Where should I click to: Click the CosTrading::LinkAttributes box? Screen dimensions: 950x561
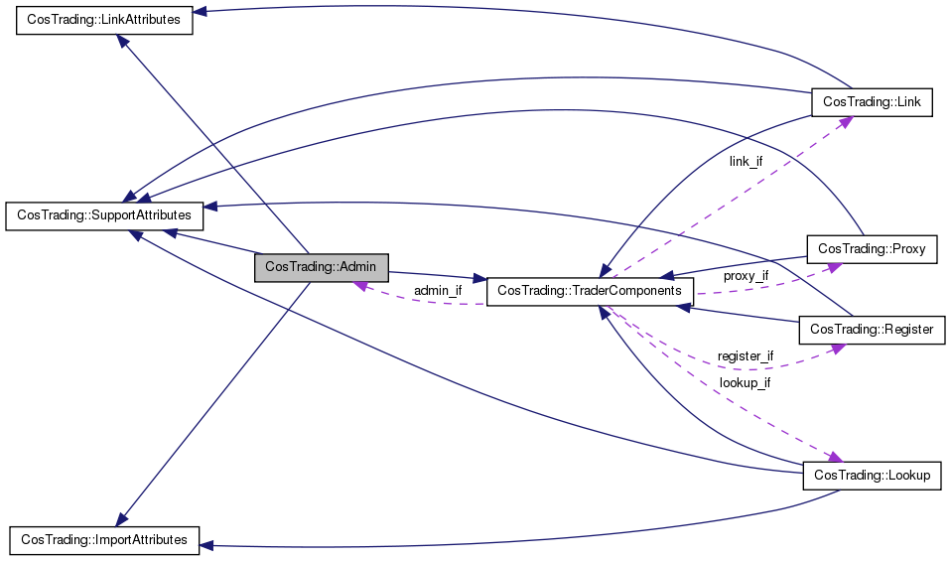pos(104,20)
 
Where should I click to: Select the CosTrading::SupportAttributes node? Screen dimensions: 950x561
pos(104,215)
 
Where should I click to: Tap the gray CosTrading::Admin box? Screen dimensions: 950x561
pos(321,267)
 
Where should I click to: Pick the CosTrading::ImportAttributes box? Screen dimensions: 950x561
pos(104,540)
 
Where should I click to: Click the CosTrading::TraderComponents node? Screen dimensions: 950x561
pos(590,291)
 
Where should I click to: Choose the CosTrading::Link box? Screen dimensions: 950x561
pos(872,102)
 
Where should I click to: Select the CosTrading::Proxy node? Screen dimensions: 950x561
pos(872,249)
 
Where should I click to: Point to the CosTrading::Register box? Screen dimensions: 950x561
pos(872,330)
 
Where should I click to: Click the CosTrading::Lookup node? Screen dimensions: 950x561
pos(872,475)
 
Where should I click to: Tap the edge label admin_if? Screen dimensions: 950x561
pos(438,291)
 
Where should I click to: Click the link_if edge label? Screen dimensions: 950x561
pos(746,162)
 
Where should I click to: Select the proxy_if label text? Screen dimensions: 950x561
pos(746,276)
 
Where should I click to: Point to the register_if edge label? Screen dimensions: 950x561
pos(746,356)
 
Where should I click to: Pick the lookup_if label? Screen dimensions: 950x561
pos(745,383)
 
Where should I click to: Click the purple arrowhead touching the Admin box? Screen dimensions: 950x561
pos(361,285)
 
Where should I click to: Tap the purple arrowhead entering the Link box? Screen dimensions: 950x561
pos(847,122)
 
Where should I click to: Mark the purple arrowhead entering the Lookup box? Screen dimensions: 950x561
pos(836,457)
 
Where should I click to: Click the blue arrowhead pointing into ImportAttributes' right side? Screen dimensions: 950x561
pos(206,546)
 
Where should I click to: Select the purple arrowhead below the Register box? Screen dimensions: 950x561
pos(839,349)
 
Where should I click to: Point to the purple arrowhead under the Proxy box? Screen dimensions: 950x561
pos(835,267)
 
